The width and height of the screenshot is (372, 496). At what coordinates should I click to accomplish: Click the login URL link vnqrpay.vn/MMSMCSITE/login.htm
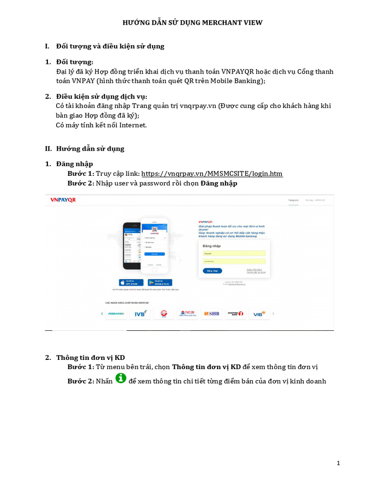[x=212, y=173]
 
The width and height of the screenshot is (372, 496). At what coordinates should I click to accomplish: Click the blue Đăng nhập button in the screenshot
[x=213, y=271]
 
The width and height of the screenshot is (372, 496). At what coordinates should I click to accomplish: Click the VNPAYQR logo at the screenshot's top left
[x=63, y=200]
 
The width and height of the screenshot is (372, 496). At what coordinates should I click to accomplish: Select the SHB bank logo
[x=211, y=314]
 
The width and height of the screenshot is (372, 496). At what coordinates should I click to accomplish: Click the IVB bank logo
[x=140, y=314]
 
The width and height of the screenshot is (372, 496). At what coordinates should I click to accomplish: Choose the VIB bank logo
[x=259, y=314]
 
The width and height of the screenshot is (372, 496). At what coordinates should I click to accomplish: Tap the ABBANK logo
[x=116, y=314]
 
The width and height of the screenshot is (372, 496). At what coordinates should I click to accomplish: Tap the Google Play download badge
[x=160, y=282]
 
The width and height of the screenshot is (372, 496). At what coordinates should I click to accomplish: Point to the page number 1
[x=339, y=463]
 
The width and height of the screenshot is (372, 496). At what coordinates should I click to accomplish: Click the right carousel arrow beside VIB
[x=273, y=314]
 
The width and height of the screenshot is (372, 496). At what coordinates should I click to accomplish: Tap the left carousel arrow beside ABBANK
[x=102, y=314]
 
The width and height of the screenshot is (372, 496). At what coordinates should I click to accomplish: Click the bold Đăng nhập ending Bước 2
[x=219, y=184]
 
